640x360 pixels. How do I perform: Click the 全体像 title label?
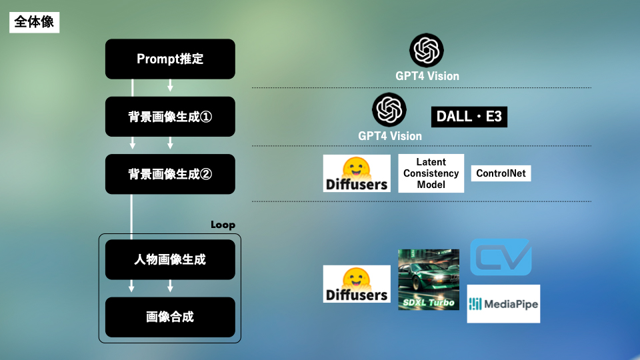click(x=34, y=22)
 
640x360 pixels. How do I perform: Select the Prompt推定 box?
click(x=170, y=59)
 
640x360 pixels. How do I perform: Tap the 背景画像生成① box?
click(x=170, y=117)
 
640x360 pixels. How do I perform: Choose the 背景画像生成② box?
click(x=170, y=174)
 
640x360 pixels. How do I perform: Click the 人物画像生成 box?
click(x=170, y=259)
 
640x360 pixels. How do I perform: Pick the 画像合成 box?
click(x=170, y=317)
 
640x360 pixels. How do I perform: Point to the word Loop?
click(x=223, y=225)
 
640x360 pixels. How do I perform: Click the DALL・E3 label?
click(x=469, y=117)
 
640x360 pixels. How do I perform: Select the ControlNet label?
click(x=501, y=173)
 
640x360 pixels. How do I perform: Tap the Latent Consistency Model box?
click(x=431, y=173)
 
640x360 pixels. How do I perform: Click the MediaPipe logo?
click(x=503, y=304)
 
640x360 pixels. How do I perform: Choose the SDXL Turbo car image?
click(x=429, y=279)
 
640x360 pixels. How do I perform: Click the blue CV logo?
click(x=501, y=257)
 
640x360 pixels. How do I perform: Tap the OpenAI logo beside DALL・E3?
click(x=389, y=110)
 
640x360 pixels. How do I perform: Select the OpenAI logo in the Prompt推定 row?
click(x=427, y=50)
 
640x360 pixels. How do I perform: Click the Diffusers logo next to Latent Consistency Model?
click(x=357, y=173)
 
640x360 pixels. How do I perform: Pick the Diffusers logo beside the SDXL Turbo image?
click(x=357, y=284)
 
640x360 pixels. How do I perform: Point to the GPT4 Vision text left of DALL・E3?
click(x=390, y=136)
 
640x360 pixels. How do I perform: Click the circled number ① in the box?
click(x=206, y=117)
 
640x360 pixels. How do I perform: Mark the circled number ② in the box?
click(x=206, y=175)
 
